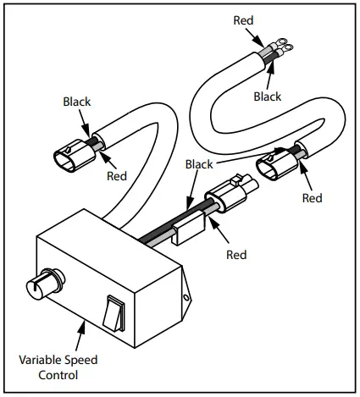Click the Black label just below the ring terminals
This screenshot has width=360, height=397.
tap(267, 96)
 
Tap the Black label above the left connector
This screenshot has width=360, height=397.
tap(76, 102)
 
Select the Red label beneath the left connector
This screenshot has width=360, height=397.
tap(118, 177)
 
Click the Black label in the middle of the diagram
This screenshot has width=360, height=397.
tap(199, 164)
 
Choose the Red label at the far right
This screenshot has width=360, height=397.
tap(312, 198)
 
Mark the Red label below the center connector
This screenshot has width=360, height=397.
tap(237, 253)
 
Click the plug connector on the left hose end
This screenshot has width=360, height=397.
tap(67, 159)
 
